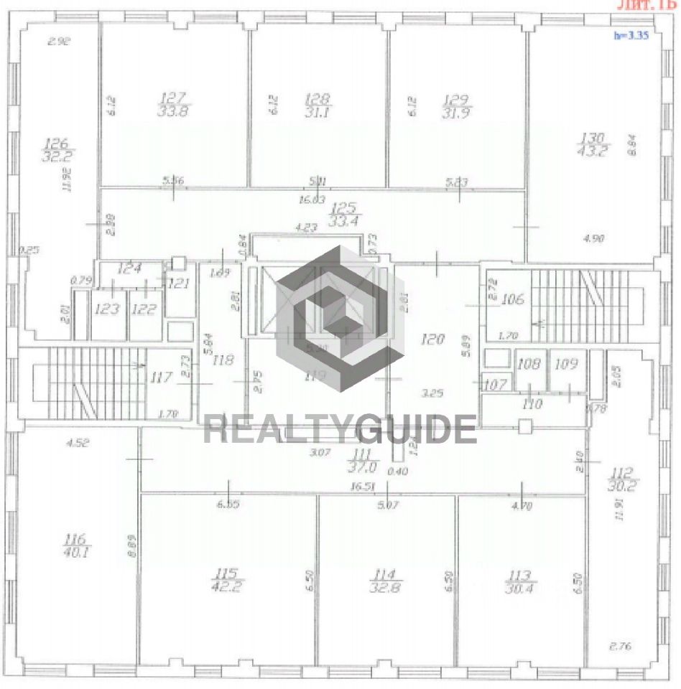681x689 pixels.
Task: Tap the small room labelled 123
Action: click(106, 309)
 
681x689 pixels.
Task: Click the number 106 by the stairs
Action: click(513, 299)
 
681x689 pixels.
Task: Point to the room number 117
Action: click(165, 376)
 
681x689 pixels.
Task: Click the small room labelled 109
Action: click(566, 364)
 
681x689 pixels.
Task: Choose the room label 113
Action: click(519, 575)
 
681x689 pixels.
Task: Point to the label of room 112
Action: click(622, 472)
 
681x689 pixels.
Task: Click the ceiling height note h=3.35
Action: click(631, 34)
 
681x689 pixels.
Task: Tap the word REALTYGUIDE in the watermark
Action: click(340, 429)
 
